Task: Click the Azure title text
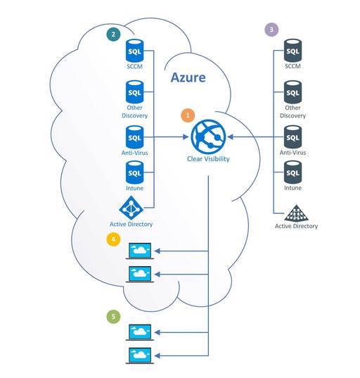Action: (188, 77)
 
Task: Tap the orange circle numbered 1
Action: (188, 115)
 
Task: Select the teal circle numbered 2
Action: (113, 34)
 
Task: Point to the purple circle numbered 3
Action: (271, 30)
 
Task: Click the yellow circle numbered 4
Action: (113, 239)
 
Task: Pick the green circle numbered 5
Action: (113, 316)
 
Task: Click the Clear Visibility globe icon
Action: (208, 137)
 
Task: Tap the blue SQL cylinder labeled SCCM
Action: (134, 51)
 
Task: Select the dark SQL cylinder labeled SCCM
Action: (292, 51)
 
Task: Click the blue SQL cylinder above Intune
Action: (134, 172)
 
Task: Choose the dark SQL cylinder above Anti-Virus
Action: (292, 137)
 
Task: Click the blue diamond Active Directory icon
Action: (131, 208)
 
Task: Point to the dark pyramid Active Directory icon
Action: (296, 213)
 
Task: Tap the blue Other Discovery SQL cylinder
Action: (134, 92)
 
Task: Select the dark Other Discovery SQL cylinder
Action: (292, 92)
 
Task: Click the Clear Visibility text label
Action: (208, 159)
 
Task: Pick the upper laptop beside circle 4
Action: (140, 251)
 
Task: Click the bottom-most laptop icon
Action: (140, 355)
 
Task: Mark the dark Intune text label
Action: (292, 188)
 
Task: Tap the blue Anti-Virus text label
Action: (134, 153)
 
